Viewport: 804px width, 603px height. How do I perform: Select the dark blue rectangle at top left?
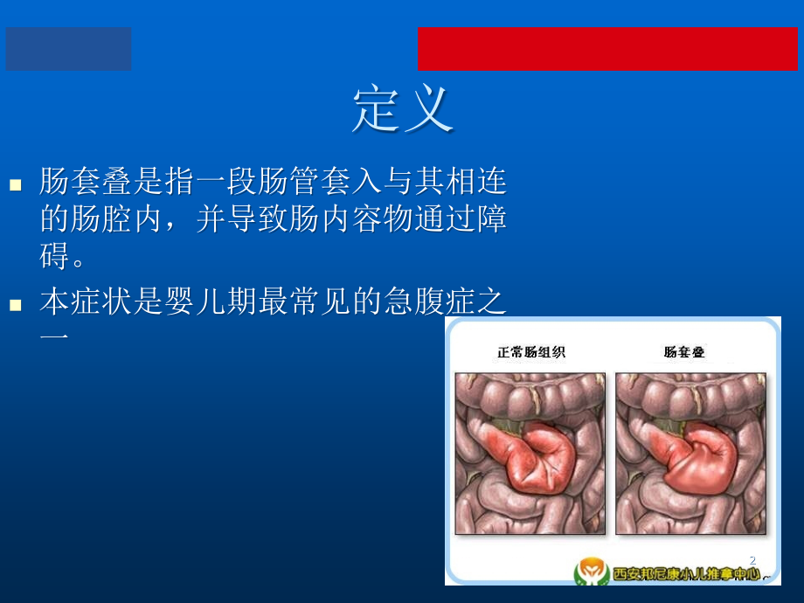coord(69,49)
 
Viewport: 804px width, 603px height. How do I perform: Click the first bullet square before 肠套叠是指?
coord(15,185)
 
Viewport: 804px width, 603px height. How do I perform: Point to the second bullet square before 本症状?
coord(15,306)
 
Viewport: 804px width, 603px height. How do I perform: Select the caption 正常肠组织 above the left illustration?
coord(531,353)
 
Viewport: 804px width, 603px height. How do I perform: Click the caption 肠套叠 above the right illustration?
coord(684,353)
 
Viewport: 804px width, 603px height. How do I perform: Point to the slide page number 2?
coord(752,560)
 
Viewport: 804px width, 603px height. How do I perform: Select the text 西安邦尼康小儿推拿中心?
coord(685,574)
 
